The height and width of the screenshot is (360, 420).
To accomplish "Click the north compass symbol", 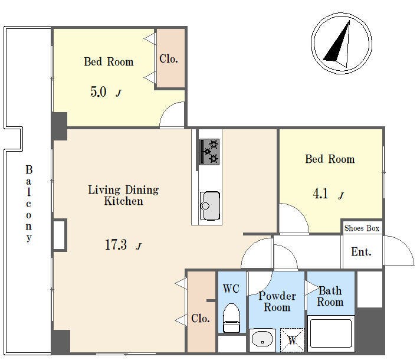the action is (342, 44).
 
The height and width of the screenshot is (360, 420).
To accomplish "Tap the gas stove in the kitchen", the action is (209, 152).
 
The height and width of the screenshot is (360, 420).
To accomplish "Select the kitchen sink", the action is (210, 206).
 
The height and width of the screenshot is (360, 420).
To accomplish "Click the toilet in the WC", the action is (231, 318).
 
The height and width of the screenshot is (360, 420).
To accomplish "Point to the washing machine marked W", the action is (292, 340).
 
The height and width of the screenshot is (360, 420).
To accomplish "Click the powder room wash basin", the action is (262, 340).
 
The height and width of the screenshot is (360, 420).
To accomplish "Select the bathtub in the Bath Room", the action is (331, 333).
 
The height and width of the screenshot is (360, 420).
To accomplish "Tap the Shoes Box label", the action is (362, 228).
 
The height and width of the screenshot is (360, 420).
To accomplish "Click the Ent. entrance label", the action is (361, 252).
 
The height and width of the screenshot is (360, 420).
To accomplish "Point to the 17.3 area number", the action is (116, 245).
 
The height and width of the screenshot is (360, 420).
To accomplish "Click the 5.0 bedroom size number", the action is (99, 91).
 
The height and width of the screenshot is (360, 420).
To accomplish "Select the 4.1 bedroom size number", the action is (320, 194).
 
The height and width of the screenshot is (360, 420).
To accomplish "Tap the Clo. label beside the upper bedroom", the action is (169, 59).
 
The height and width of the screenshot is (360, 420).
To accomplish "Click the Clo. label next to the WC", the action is (201, 319).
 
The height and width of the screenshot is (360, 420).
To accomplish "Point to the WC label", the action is (231, 289).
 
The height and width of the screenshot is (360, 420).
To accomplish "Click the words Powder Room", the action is (277, 302).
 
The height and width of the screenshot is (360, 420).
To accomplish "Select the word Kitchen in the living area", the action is (123, 201).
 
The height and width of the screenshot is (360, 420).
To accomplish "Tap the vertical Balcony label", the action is (29, 204).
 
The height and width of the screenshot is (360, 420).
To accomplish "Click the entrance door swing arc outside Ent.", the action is (405, 246).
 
